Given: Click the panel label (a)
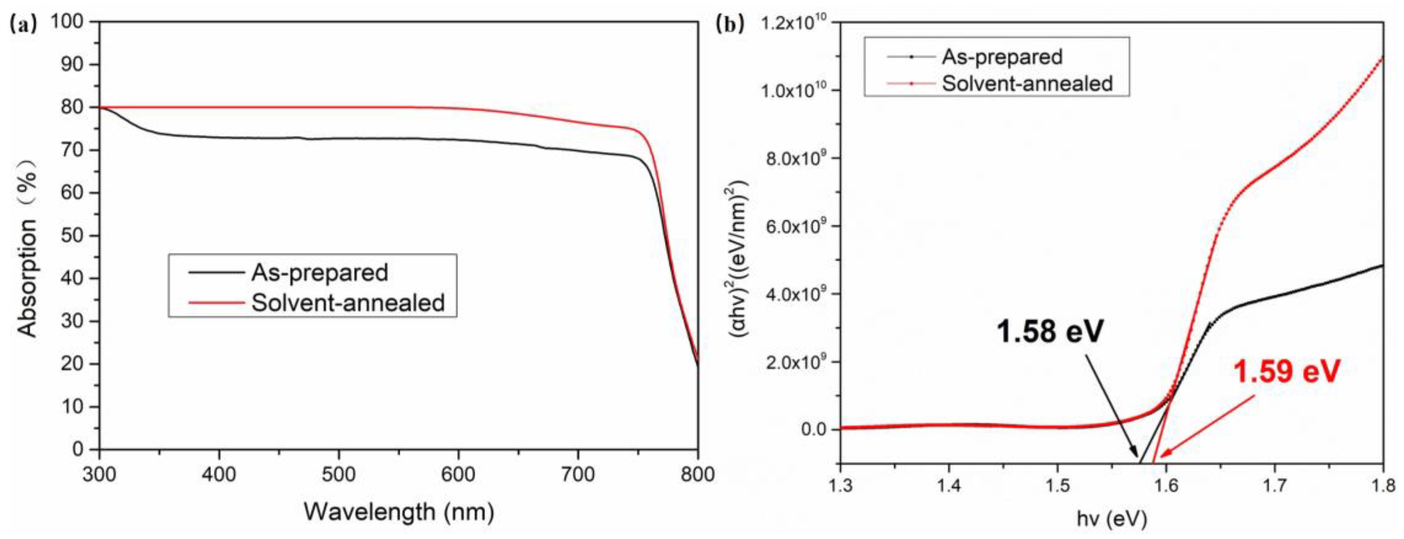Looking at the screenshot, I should (x=23, y=25).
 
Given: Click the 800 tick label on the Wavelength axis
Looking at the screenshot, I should (x=697, y=474).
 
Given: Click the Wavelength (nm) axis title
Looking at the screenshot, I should (x=398, y=512).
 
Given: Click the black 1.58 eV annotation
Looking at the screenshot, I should (x=1050, y=331).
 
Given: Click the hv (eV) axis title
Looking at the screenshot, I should (x=1112, y=519).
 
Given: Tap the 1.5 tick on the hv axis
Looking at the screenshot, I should (x=1057, y=485).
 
